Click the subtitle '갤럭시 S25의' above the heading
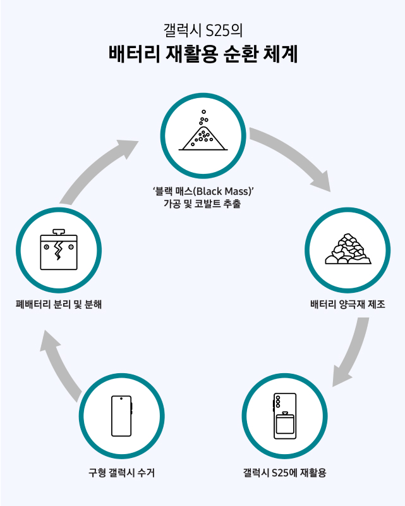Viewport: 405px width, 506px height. pyautogui.click(x=202, y=29)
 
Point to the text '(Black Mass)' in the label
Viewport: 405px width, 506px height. pyautogui.click(x=226, y=190)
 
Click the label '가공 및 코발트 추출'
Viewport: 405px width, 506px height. pyautogui.click(x=202, y=204)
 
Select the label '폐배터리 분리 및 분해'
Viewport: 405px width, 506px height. pyautogui.click(x=59, y=304)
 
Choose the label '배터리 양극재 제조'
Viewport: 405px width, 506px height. pyautogui.click(x=348, y=304)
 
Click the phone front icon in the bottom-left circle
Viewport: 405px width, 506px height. pyautogui.click(x=121, y=416)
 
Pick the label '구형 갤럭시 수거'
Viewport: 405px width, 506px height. pyautogui.click(x=121, y=472)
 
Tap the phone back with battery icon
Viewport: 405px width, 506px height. pyautogui.click(x=284, y=416)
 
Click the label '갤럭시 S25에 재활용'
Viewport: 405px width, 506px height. pyautogui.click(x=284, y=472)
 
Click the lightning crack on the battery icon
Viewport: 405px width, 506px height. pyautogui.click(x=59, y=250)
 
